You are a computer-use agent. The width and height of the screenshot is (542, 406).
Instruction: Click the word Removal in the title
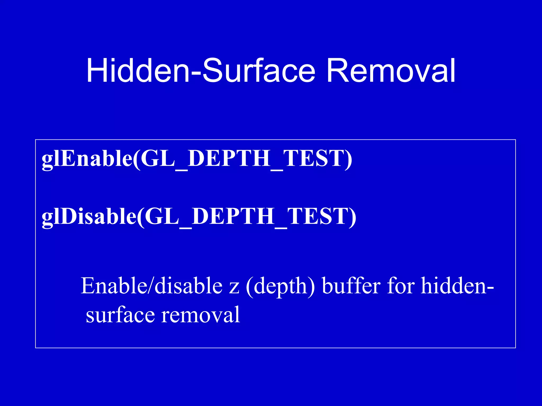[x=391, y=71]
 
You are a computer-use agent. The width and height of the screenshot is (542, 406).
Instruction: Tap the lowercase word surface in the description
[x=120, y=315]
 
